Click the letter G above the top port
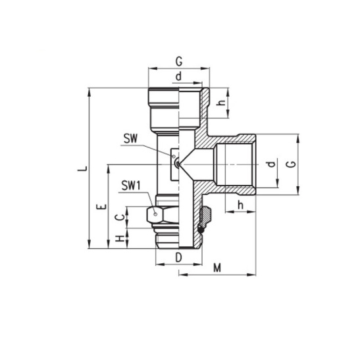coord(178,62)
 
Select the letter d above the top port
coord(178,76)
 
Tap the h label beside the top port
coord(221,103)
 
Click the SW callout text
coord(130,139)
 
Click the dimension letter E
coord(99,208)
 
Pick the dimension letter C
coord(119,217)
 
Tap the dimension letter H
coord(119,240)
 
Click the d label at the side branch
coord(270,164)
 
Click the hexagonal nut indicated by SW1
coord(156,215)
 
